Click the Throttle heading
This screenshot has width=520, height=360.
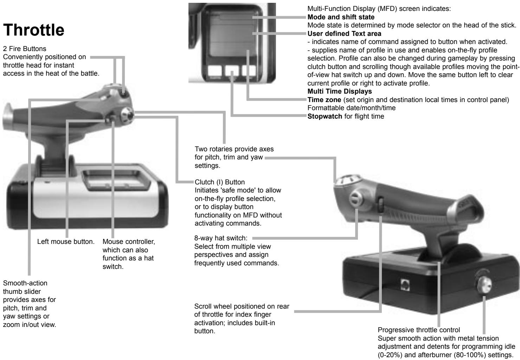pyautogui.click(x=34, y=31)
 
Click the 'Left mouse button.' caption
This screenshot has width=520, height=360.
pyautogui.click(x=66, y=242)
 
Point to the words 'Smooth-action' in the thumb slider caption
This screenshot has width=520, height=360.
pyautogui.click(x=25, y=283)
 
